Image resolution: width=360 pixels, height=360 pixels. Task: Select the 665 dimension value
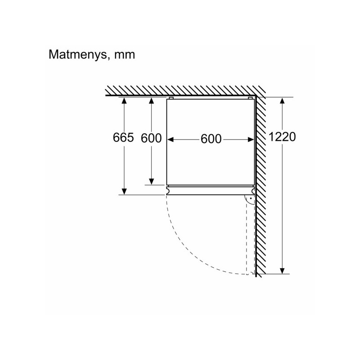[x=123, y=138]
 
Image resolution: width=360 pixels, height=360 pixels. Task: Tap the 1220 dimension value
[x=282, y=137]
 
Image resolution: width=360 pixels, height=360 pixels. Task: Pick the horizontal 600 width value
[x=211, y=139]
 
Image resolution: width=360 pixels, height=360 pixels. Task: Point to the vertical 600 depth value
[x=151, y=138]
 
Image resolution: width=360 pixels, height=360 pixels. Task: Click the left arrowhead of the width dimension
[x=171, y=139]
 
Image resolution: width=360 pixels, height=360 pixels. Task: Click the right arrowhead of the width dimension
[x=251, y=139]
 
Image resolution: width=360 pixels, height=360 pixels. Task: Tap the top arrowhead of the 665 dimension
[x=124, y=100]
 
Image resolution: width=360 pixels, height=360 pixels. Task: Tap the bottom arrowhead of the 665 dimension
[x=124, y=191]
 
